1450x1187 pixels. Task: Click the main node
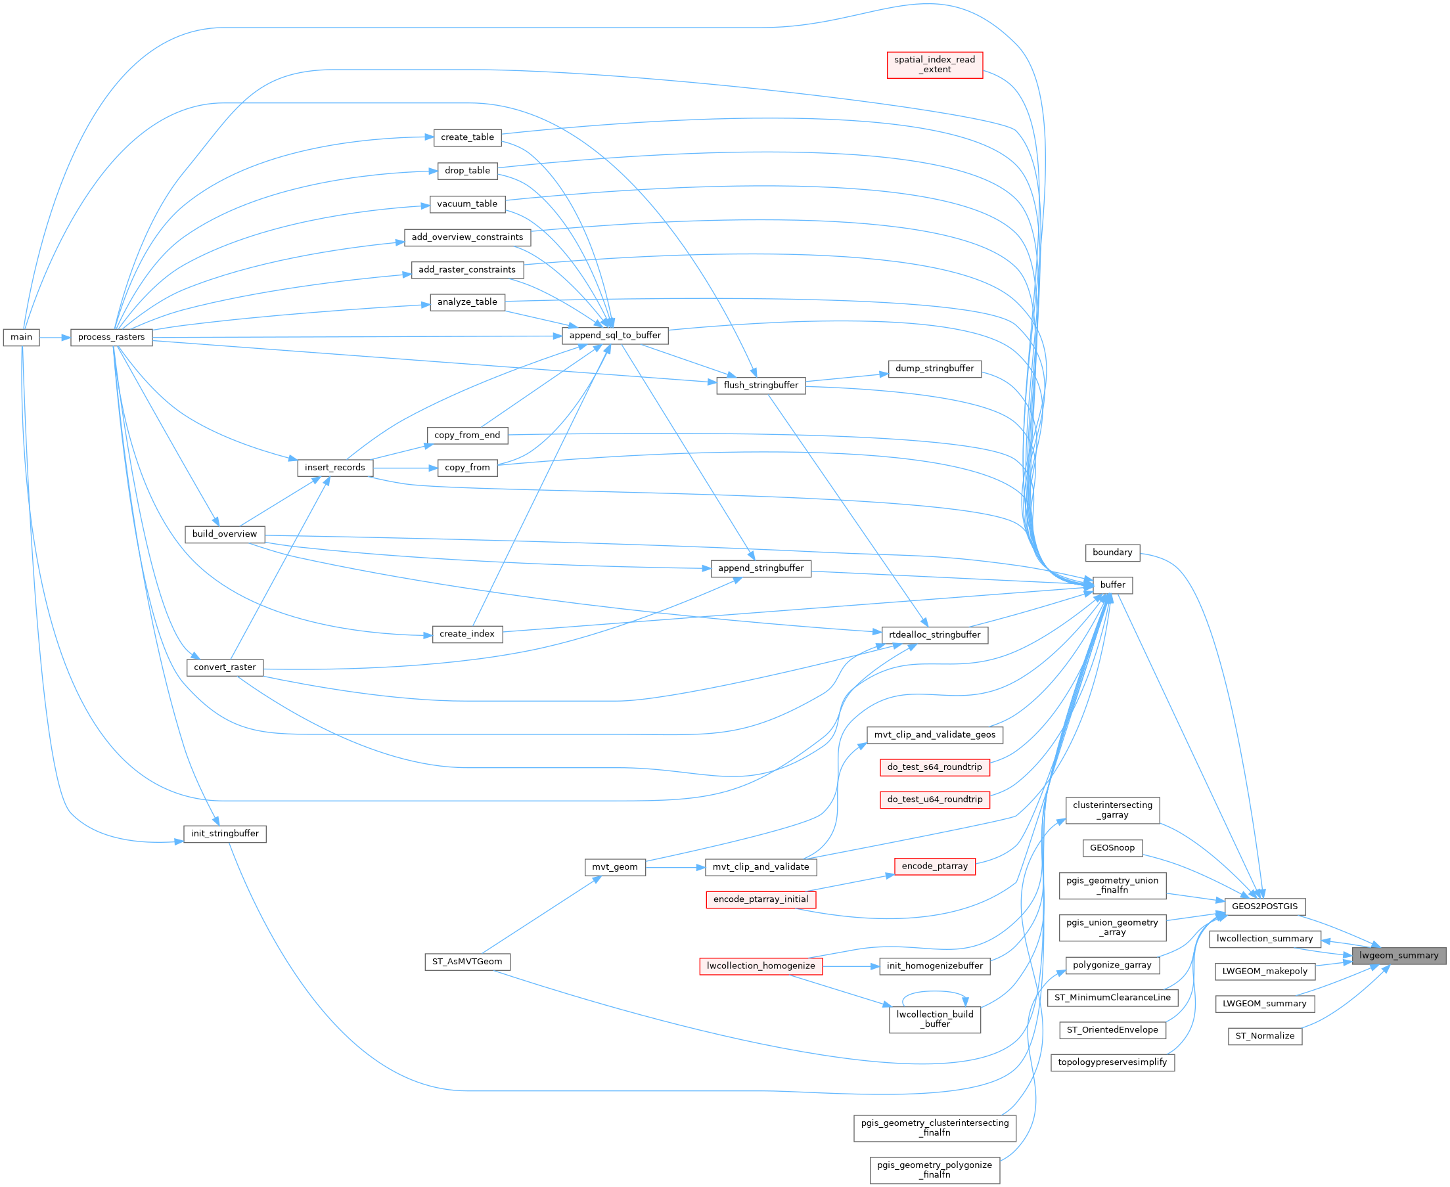[x=21, y=337]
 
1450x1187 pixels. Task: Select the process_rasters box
[x=112, y=337]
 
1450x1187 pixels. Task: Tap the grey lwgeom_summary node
[x=1399, y=955]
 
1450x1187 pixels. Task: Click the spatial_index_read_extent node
[x=934, y=65]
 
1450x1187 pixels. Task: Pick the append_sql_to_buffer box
[x=615, y=335]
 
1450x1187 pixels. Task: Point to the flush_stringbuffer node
[x=761, y=385]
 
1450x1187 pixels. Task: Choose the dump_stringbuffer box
[x=934, y=369]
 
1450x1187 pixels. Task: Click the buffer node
[x=1113, y=585]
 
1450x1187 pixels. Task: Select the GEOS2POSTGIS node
[x=1264, y=906]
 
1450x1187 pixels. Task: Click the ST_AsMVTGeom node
[x=467, y=962]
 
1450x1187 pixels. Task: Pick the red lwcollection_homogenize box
[x=761, y=966]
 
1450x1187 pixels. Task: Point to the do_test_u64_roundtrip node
[x=934, y=799]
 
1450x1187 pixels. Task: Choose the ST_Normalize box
[x=1265, y=1036]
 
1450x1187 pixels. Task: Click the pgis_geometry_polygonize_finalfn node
[x=934, y=1169]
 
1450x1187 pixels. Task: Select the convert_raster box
[x=224, y=667]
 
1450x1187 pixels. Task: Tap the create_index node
[x=467, y=634]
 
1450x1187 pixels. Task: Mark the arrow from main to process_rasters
[x=55, y=337]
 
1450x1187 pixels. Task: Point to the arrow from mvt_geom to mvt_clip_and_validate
[x=674, y=867]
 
